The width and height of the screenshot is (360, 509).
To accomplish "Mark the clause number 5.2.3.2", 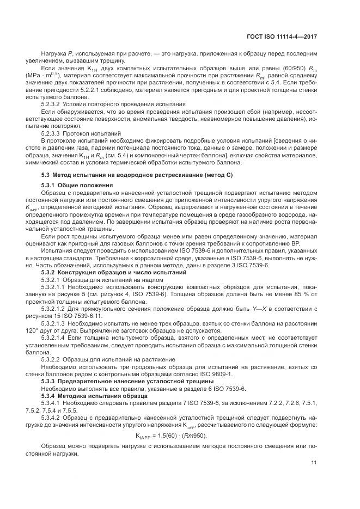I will tap(53, 103).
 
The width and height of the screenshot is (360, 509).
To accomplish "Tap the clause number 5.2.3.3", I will tap(53, 133).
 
